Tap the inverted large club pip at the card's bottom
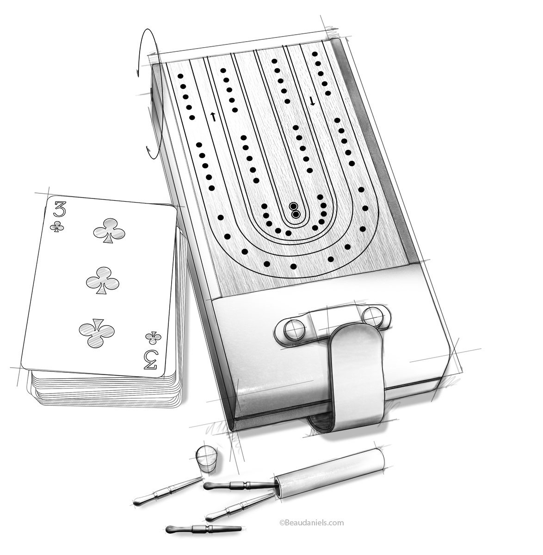96,329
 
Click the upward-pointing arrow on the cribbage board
213,117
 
